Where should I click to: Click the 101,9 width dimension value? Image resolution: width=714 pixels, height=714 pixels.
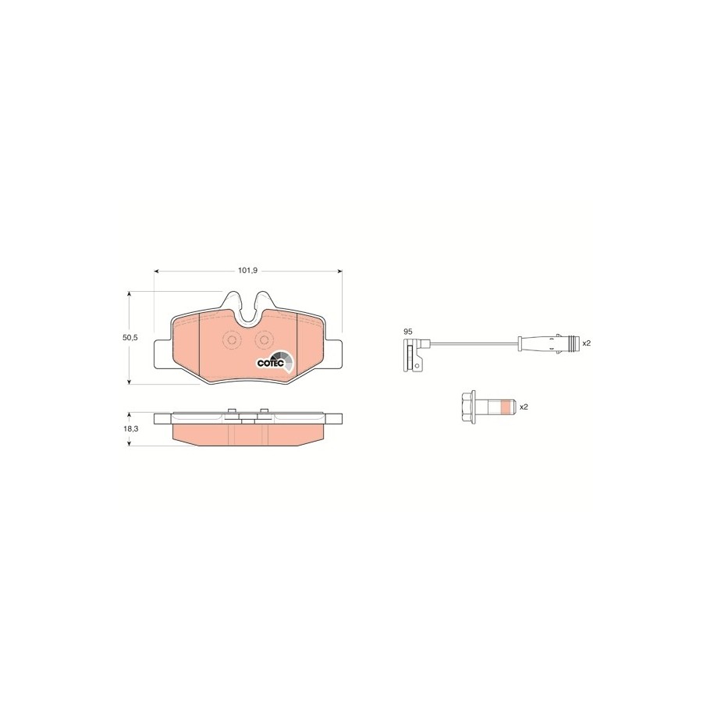pos(247,271)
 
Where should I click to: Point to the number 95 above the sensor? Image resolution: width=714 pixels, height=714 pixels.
pos(408,332)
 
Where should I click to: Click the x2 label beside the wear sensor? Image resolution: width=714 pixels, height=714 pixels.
pos(587,343)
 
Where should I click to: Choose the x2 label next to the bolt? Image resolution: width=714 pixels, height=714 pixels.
pos(524,407)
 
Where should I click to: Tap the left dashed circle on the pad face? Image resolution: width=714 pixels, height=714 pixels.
pos(231,339)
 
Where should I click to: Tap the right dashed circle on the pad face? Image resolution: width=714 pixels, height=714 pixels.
pos(264,339)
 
